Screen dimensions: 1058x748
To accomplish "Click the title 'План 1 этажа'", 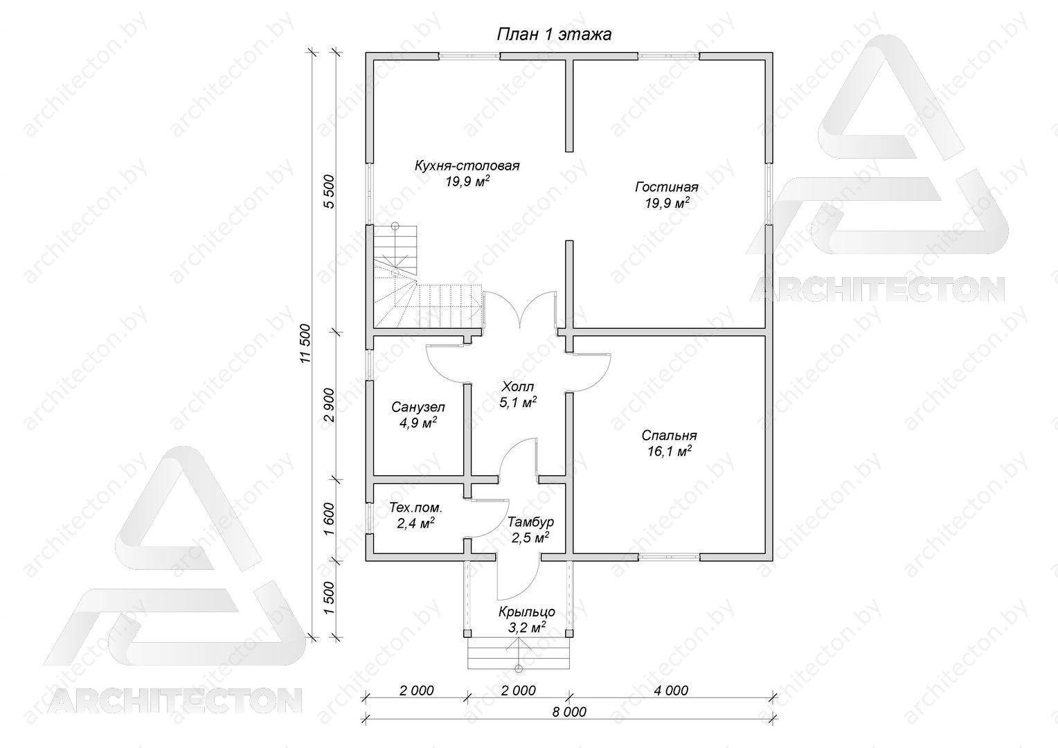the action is click(x=554, y=35).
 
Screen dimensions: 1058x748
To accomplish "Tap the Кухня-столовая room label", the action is click(x=467, y=166).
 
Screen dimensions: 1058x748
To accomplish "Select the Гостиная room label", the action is click(x=667, y=187).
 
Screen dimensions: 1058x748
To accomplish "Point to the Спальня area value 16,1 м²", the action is click(x=670, y=452).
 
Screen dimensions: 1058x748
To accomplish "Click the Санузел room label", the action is click(x=418, y=407).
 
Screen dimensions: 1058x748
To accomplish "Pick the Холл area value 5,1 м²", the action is click(x=518, y=402).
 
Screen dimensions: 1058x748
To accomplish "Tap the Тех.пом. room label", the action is click(x=416, y=508).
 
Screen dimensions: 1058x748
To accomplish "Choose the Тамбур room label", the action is click(x=530, y=522).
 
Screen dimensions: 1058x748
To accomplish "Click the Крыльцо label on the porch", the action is click(x=527, y=612).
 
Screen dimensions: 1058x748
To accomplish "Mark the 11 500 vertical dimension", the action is click(x=305, y=344).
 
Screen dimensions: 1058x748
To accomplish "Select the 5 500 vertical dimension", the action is click(x=329, y=191).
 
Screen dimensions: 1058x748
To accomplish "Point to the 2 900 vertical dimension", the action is click(x=329, y=405).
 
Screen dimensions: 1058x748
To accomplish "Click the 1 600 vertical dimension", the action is click(x=329, y=519).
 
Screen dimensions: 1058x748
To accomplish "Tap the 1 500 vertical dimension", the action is click(x=329, y=598).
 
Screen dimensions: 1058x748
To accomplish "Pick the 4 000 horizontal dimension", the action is click(x=671, y=691).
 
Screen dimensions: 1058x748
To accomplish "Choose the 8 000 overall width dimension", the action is click(x=569, y=712).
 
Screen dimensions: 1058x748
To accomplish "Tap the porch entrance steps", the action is click(x=519, y=653).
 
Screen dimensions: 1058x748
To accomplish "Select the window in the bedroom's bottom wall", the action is click(x=669, y=558).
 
